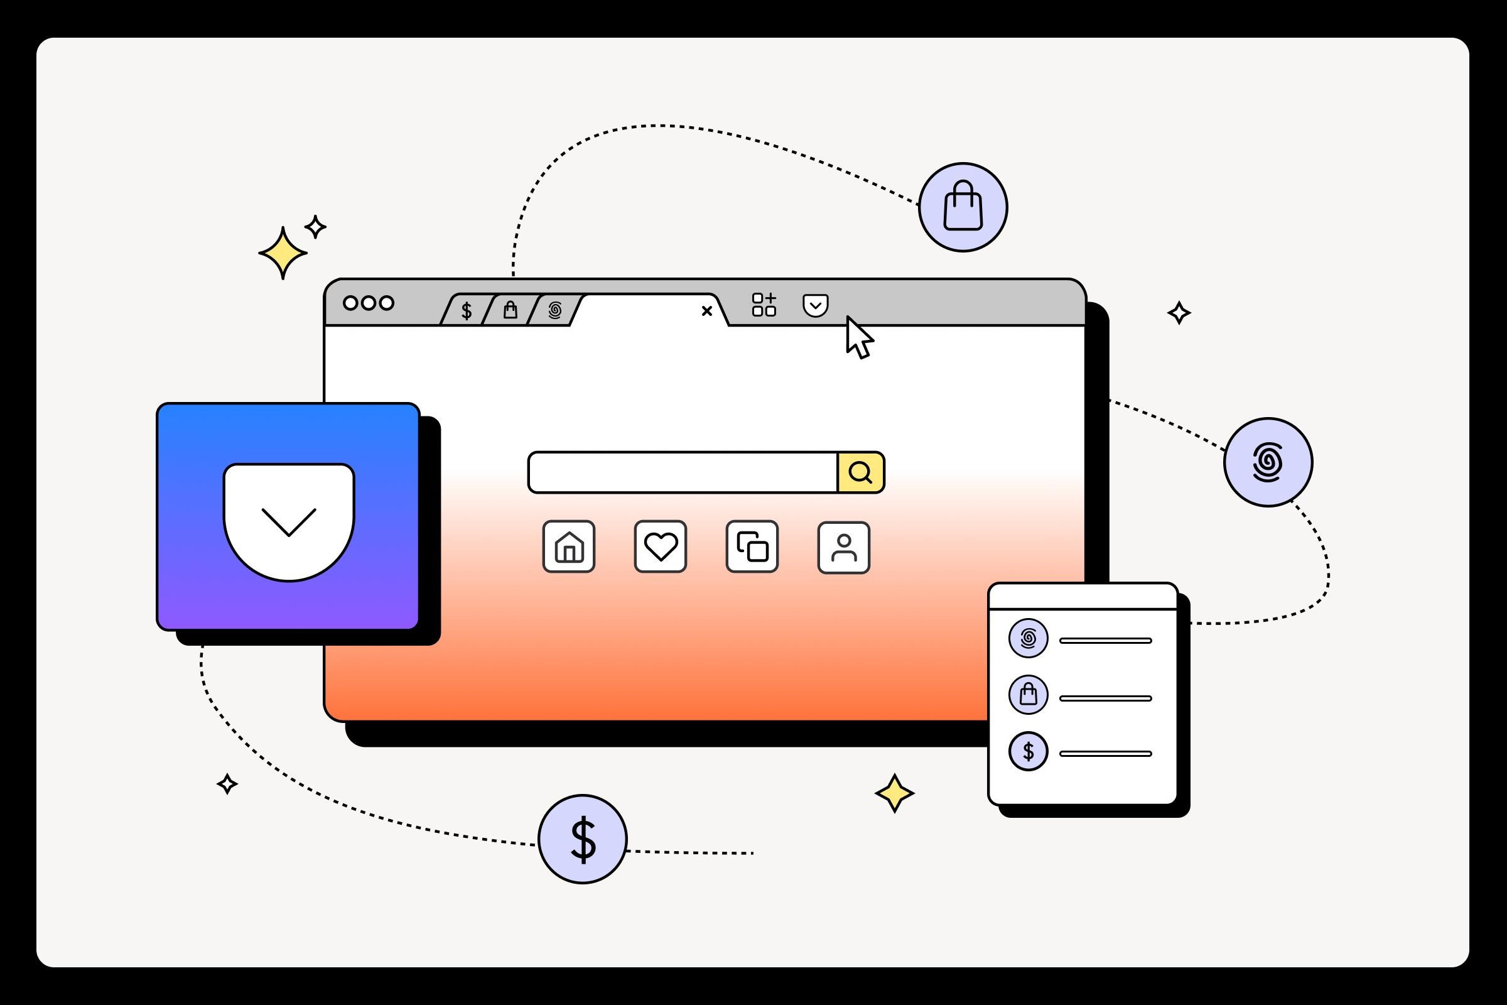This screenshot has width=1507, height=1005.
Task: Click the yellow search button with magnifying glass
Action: (860, 472)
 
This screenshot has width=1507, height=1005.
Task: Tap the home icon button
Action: (569, 546)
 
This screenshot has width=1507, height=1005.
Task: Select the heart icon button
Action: (661, 546)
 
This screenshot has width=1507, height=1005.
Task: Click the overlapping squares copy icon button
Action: (752, 546)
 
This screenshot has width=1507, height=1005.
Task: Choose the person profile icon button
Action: (844, 547)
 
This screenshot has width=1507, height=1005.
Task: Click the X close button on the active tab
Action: (707, 311)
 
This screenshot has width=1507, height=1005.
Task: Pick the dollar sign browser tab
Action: (467, 311)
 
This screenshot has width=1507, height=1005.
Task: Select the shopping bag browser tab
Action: (510, 310)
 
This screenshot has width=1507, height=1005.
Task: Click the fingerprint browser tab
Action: (555, 310)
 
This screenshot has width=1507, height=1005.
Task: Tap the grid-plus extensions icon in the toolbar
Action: (764, 305)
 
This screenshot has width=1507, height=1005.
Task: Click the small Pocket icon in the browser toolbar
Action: (816, 305)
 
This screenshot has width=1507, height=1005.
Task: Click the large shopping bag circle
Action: (963, 207)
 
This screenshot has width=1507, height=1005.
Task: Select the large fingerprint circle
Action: (1268, 462)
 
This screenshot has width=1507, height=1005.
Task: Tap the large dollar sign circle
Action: (583, 839)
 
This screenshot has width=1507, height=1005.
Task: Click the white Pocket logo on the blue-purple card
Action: (289, 522)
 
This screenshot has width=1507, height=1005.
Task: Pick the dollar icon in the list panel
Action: (1029, 751)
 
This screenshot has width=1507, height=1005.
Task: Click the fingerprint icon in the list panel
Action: (1029, 638)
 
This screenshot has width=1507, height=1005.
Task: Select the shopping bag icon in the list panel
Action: (1029, 695)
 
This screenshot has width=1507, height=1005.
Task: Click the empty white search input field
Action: (683, 472)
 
